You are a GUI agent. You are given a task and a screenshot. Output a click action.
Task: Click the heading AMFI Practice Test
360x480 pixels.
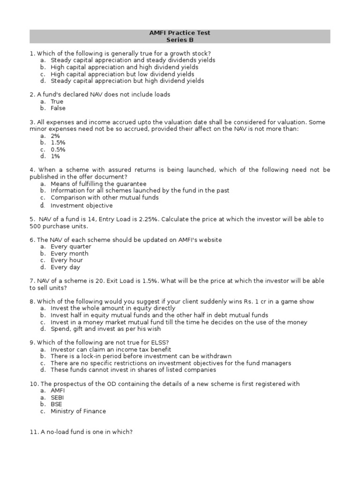pos(180,33)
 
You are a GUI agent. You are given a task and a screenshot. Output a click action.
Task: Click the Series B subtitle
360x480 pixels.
pos(180,40)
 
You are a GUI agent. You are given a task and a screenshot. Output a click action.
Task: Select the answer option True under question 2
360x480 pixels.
pos(57,101)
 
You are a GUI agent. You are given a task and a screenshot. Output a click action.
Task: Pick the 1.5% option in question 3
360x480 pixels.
pos(58,142)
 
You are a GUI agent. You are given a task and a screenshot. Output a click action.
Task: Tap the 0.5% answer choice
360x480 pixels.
pos(58,150)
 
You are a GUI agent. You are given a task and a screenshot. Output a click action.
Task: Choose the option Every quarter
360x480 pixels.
pos(71,247)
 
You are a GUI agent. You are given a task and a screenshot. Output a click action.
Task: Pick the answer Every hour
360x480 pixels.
pos(67,260)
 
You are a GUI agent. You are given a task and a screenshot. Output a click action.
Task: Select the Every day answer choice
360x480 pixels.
pos(65,267)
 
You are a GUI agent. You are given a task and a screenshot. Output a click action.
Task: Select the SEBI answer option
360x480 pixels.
pos(58,397)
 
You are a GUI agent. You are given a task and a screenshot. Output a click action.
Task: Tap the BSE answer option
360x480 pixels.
pos(56,404)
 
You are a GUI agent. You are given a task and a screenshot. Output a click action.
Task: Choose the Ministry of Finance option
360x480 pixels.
pos(78,411)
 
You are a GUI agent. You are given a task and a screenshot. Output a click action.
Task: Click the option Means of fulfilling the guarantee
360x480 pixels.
pos(98,184)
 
